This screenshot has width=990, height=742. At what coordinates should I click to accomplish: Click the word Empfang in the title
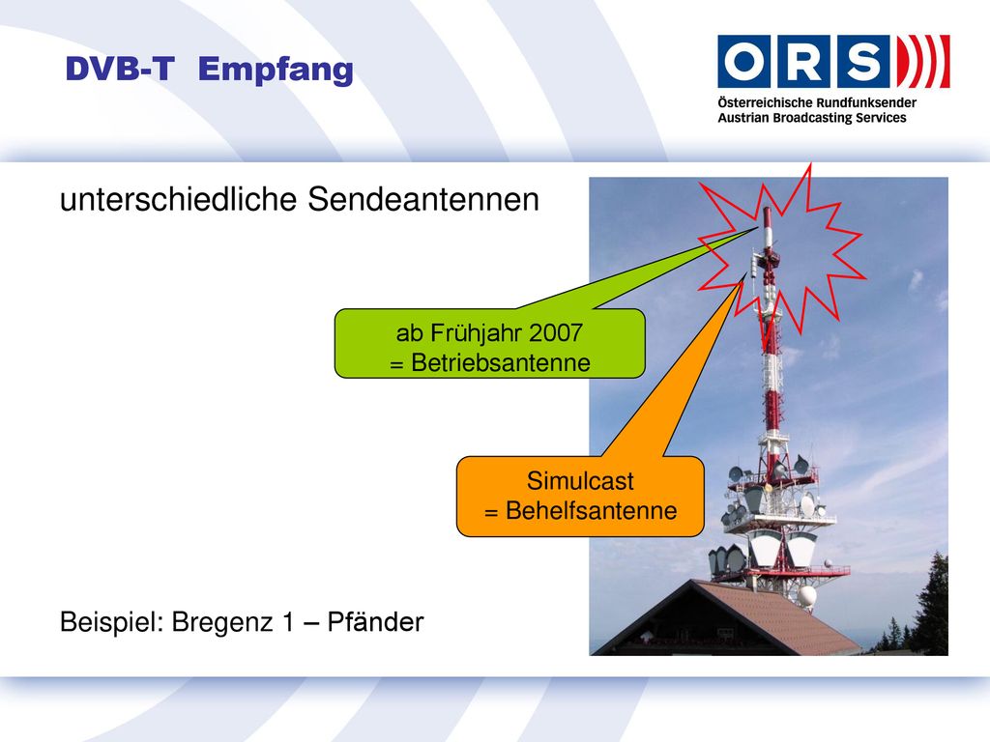pos(276,70)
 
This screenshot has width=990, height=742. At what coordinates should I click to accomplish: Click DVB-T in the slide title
pos(120,69)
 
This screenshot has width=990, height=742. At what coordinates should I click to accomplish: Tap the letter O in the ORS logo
pos(743,61)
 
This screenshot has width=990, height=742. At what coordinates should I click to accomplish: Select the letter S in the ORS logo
pos(862,61)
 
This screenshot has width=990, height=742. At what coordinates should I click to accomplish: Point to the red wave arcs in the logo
pos(922,61)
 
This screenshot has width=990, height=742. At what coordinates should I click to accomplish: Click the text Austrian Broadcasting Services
pos(811,118)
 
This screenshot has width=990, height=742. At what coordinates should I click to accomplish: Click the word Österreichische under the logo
pos(765,102)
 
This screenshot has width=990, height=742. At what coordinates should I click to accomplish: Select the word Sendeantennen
pos(423,200)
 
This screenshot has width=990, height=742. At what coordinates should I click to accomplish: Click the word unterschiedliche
pos(178,200)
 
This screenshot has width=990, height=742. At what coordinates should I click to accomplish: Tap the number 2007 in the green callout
pos(556,333)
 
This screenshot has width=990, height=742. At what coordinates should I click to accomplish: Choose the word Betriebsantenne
pos(501,363)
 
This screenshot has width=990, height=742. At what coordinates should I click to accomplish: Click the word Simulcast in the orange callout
pos(580,481)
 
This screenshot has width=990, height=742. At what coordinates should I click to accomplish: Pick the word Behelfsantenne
pos(591,510)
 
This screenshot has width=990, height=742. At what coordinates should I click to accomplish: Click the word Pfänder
pos(375,622)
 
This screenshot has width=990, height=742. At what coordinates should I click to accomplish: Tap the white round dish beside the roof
pos(806,595)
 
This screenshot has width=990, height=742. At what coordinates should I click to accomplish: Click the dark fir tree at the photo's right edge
pos(933,606)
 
